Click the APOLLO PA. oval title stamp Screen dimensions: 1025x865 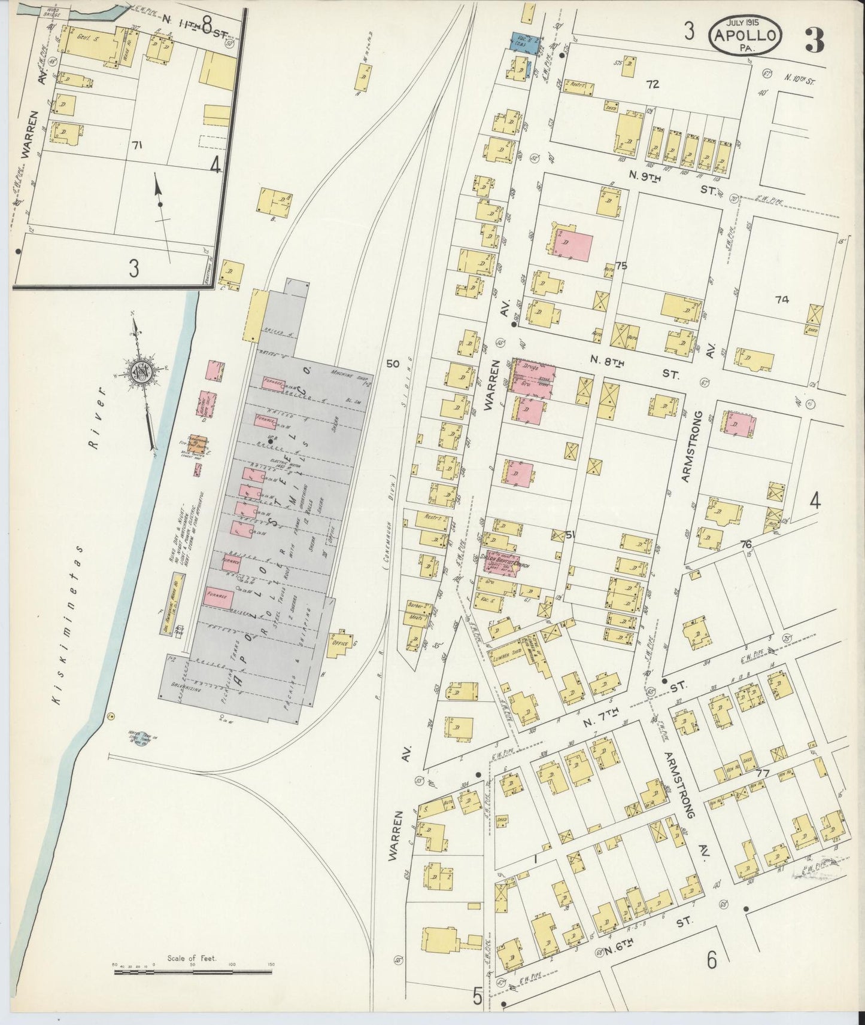pyautogui.click(x=745, y=35)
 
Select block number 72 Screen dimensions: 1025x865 pyautogui.click(x=652, y=84)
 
